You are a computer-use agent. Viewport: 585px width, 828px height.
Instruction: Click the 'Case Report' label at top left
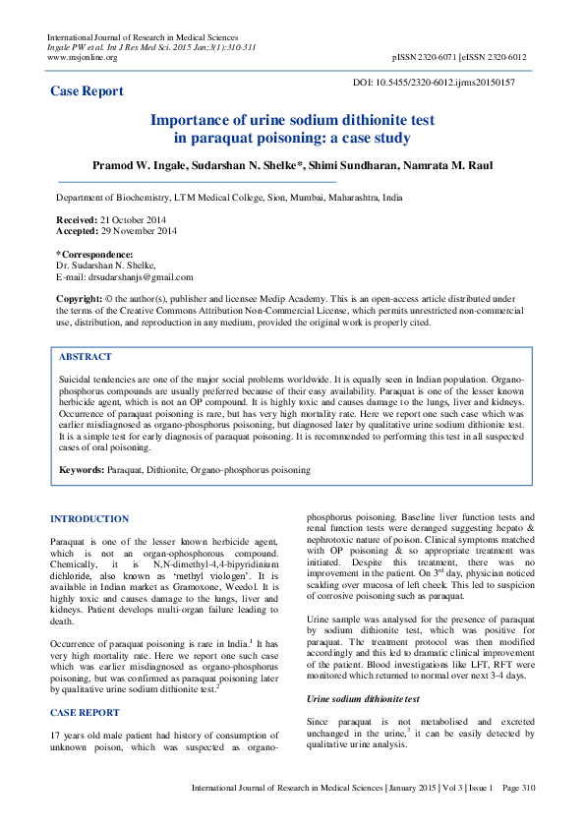point(87,91)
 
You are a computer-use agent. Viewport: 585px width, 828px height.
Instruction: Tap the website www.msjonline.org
point(83,57)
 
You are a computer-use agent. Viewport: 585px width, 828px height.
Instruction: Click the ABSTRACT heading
point(86,357)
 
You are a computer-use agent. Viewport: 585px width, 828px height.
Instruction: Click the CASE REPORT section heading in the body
point(85,711)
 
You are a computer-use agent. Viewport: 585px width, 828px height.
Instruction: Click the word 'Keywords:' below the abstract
point(82,471)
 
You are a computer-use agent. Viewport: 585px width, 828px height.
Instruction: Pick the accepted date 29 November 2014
point(138,231)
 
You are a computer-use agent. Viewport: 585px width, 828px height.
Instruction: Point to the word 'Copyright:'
point(79,299)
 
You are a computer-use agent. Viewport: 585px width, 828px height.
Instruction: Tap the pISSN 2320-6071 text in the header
point(427,57)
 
